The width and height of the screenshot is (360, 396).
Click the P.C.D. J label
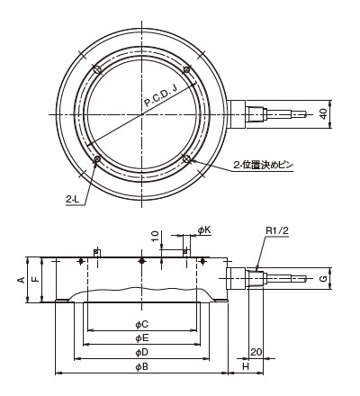tap(161, 96)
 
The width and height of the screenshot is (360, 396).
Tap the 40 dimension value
tap(323, 114)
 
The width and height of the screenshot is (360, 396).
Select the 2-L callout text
tap(72, 200)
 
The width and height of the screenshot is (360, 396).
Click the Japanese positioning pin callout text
tap(263, 165)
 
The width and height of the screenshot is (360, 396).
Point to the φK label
tap(204, 230)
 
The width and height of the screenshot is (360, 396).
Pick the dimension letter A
tap(21, 280)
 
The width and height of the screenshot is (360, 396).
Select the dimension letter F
tap(35, 279)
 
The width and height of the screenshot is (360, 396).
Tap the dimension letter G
tap(323, 279)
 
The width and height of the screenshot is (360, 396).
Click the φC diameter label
tap(141, 324)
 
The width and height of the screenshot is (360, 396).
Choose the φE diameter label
tap(141, 338)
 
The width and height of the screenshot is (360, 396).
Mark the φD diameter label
tap(141, 353)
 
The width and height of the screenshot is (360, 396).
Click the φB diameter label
tap(141, 367)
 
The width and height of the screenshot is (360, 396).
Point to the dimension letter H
tap(246, 366)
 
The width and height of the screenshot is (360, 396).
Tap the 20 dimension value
tap(256, 352)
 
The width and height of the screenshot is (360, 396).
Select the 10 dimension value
tap(155, 237)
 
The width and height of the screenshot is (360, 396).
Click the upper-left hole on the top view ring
tap(97, 69)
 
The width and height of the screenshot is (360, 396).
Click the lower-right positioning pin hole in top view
tap(186, 158)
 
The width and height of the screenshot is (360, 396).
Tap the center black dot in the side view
tap(142, 261)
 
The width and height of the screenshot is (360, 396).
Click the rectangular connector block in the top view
tap(237, 114)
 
